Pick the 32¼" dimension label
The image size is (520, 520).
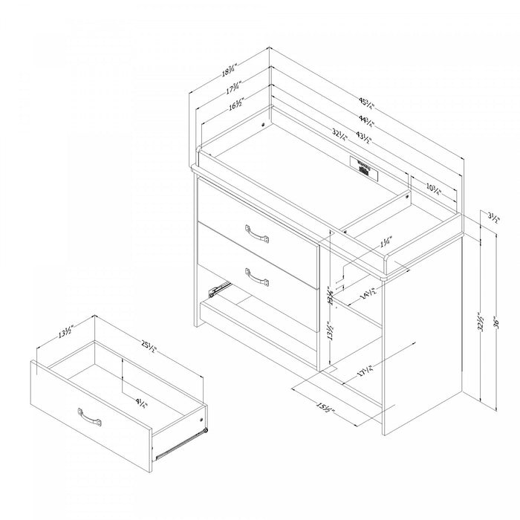click(339, 135)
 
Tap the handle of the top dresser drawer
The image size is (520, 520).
click(256, 234)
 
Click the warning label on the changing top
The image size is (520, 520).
click(363, 165)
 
